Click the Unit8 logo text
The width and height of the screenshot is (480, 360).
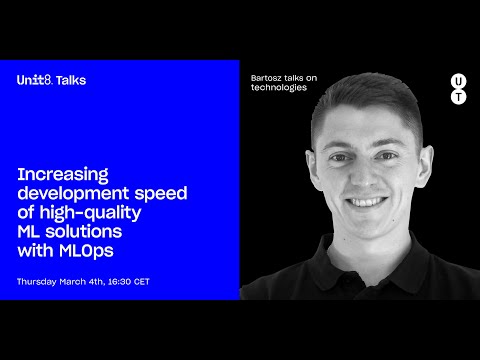(x=35, y=80)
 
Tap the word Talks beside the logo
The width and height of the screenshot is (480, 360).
(x=71, y=80)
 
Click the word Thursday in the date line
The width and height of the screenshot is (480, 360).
(x=40, y=282)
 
